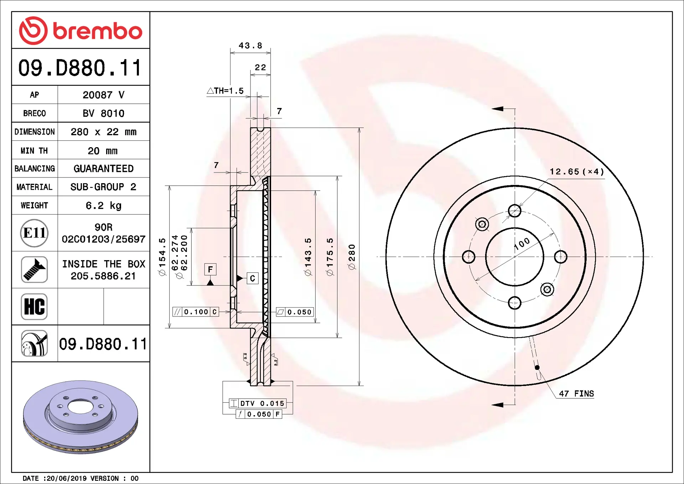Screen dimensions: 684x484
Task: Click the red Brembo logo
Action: tap(81, 31)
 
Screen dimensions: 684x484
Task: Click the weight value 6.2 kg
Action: tap(103, 206)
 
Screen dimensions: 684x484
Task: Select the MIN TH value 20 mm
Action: tap(103, 151)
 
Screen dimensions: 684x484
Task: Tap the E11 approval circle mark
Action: tap(34, 233)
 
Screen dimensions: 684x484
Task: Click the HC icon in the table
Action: tap(34, 307)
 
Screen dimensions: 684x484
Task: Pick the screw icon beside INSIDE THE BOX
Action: tap(34, 270)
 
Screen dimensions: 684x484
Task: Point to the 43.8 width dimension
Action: tap(250, 46)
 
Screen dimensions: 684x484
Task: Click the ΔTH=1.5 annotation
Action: tap(225, 91)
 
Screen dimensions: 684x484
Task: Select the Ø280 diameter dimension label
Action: tap(352, 257)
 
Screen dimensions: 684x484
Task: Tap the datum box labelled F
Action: tap(210, 269)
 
